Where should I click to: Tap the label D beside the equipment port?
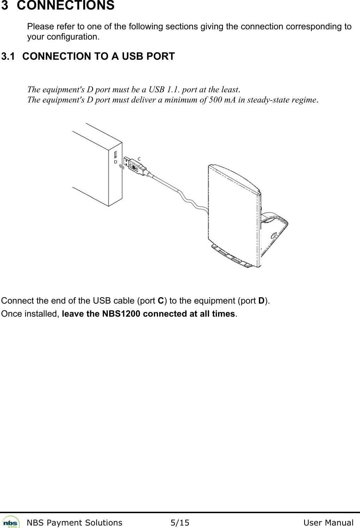(115, 162)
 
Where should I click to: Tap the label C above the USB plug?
(139, 159)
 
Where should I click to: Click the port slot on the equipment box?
(115, 155)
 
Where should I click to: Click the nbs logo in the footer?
(11, 522)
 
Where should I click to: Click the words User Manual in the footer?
(328, 523)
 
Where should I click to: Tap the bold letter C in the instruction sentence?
(160, 301)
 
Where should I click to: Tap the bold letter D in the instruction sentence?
(262, 301)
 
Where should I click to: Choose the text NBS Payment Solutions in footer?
(75, 523)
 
